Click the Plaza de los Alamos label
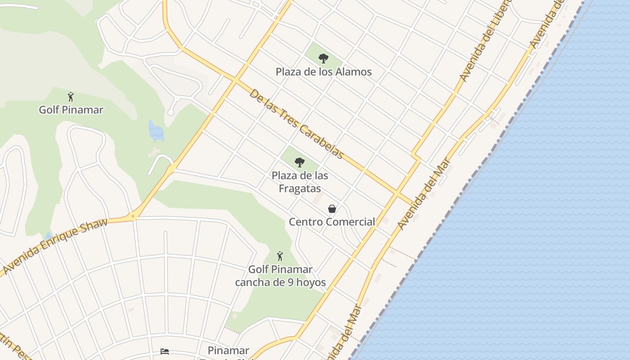coord(324,72)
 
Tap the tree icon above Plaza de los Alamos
coord(323,58)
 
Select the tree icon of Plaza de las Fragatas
coord(299,162)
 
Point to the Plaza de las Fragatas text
coord(300,181)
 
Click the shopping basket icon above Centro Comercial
coord(332,209)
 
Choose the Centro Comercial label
coord(332,221)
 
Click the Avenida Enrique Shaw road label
coord(55,246)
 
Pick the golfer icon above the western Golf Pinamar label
coord(71,97)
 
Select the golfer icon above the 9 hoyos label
coord(280,256)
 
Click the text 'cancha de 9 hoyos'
coord(280,283)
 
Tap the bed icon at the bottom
coord(165,351)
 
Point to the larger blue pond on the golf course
coord(156,131)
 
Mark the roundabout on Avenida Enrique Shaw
coord(133,216)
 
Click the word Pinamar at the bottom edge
coord(229,350)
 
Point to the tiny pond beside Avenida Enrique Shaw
coord(49,235)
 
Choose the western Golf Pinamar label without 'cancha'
coord(71,109)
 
